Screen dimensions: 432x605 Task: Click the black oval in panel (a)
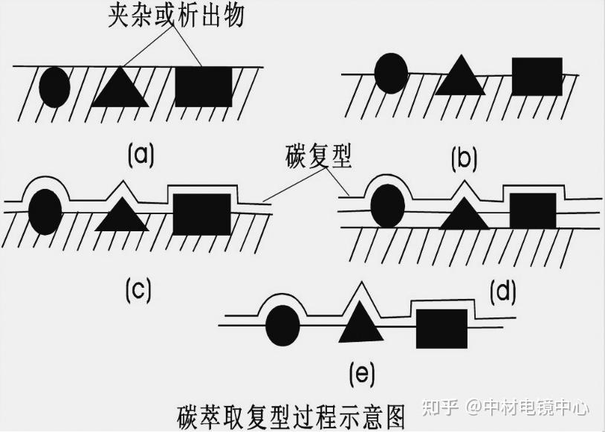coord(54,87)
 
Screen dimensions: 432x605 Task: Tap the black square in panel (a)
coord(203,86)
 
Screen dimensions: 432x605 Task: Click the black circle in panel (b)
coord(391,73)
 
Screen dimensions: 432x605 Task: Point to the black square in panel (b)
coord(537,77)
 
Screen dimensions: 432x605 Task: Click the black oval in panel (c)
coord(45,210)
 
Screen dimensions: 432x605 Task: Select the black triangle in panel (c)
coord(122,216)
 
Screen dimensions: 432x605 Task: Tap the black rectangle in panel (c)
coord(201,214)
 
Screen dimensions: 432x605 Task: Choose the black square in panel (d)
coord(532,210)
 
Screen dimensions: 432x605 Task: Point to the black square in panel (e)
coord(441,329)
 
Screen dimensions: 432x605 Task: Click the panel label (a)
coord(140,155)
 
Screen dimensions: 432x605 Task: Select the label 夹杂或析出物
coord(175,16)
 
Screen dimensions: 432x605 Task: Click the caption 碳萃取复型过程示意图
coord(292,413)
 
